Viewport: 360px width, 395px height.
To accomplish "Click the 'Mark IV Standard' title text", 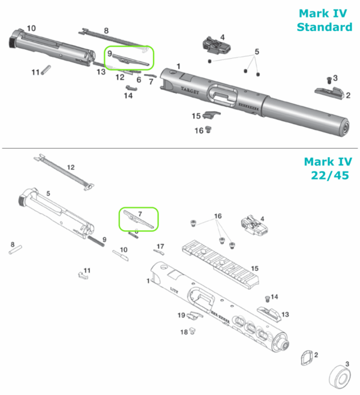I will (x=325, y=20).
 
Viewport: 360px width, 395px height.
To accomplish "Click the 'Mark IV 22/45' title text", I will (x=327, y=168).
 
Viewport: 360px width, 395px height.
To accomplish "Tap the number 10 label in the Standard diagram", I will (x=31, y=28).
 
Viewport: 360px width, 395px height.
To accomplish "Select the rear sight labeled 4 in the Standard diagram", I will (x=212, y=46).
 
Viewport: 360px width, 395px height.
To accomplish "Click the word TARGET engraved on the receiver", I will (x=191, y=88).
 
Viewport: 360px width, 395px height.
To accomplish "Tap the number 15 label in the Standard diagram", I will (x=196, y=116).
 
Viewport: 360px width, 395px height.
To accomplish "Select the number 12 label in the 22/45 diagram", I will (x=71, y=168).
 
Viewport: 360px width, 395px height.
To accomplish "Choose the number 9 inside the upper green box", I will (x=110, y=53).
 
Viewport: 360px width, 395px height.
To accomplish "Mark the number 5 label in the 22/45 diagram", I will (x=49, y=194).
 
